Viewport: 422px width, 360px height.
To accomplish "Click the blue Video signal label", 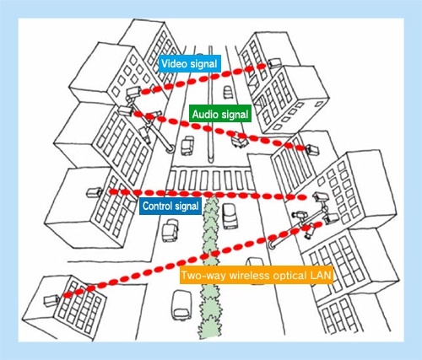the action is pos(189,64).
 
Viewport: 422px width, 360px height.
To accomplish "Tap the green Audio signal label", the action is pos(220,114).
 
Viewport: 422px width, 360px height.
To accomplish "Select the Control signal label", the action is pos(170,206).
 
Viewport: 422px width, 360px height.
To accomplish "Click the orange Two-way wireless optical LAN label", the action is pos(256,275).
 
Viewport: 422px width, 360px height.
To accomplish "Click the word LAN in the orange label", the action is pos(321,275).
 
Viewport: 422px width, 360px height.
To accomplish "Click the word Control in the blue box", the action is pos(157,206).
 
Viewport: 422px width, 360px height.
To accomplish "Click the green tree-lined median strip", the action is pos(210,267).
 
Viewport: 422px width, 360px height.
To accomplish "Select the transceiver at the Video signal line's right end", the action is pos(274,63).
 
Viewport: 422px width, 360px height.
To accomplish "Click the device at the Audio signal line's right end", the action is pos(312,149).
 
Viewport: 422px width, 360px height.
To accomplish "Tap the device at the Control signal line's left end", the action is pos(95,192).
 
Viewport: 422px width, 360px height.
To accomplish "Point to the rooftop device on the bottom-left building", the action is pos(51,300).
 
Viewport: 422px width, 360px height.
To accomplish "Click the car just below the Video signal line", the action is pos(228,93).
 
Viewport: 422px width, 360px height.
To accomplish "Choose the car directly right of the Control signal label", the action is pos(230,216).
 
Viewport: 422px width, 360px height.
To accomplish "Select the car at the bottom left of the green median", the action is pos(182,305).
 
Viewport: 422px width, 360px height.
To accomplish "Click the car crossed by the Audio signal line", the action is pos(240,140).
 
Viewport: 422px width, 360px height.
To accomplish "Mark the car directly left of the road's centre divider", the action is pos(187,146).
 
